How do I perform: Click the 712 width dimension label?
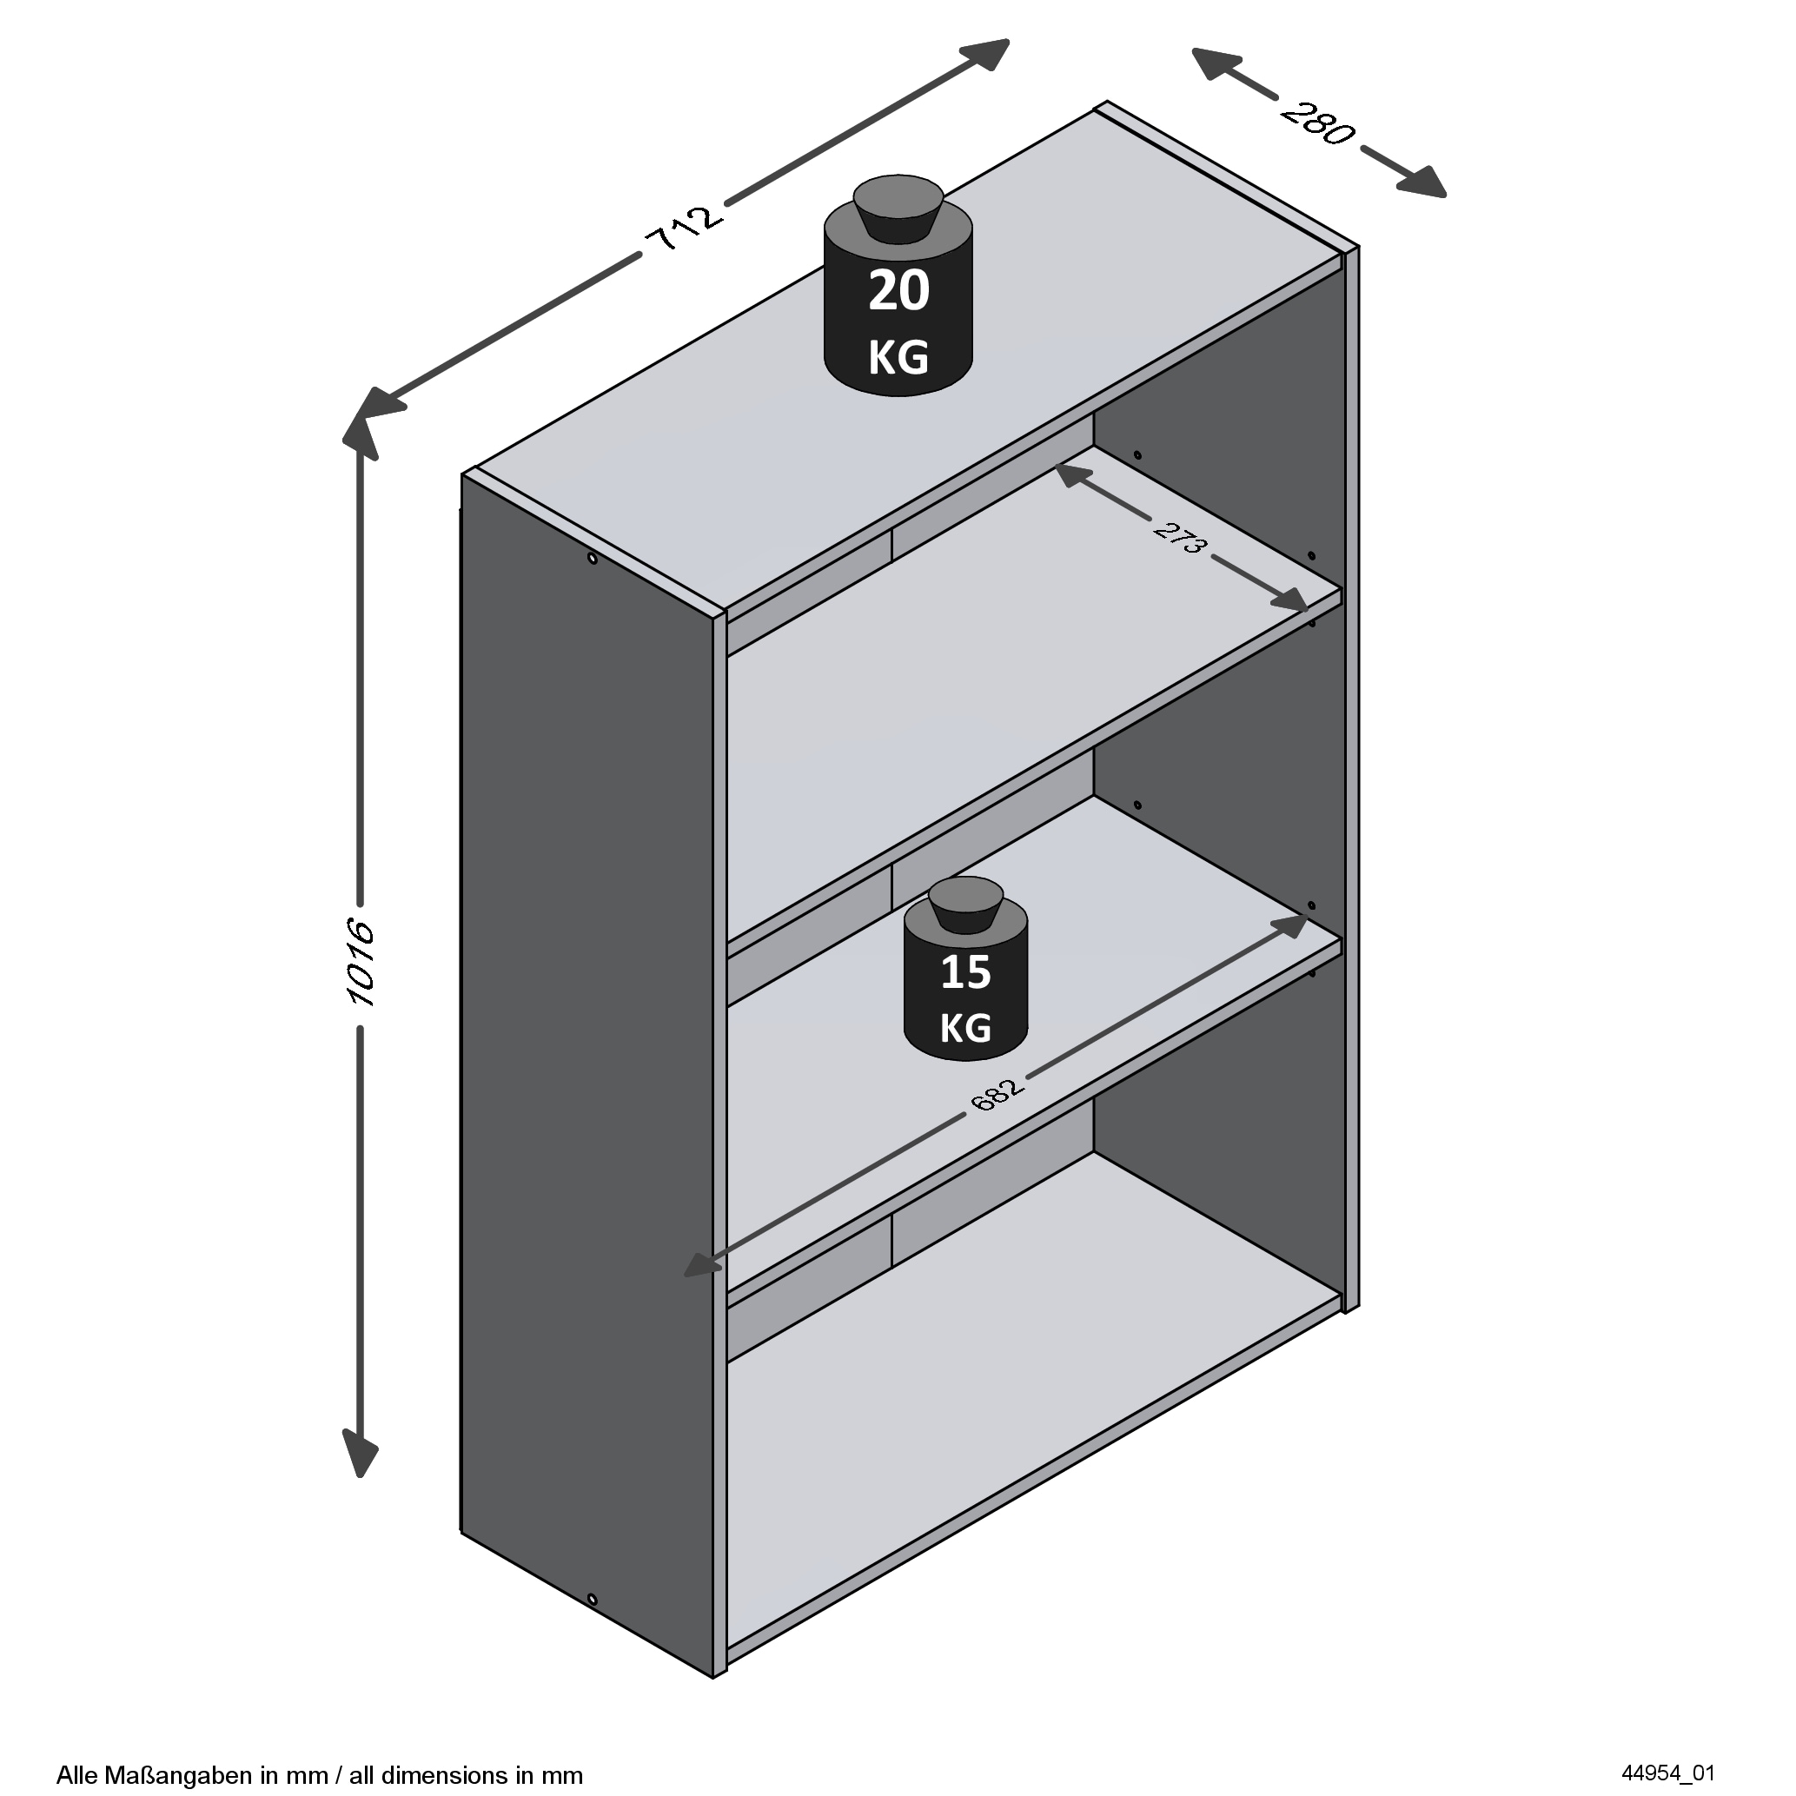coord(683,228)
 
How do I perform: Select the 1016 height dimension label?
coord(359,962)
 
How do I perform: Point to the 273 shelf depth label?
coord(1181,538)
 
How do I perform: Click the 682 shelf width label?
coord(997,1094)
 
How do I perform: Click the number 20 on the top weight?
coord(898,290)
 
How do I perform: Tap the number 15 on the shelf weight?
coord(966,972)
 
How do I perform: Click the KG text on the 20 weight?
coord(898,358)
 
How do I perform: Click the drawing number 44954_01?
coord(1667,1773)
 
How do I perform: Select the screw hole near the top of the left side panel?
coord(593,559)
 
